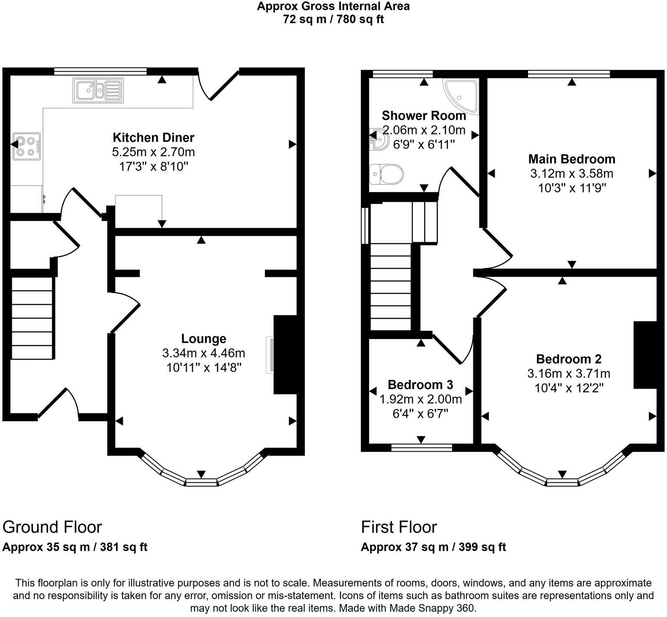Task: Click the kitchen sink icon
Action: pos(98,90)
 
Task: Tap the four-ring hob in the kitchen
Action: pos(26,146)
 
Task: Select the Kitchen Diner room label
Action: pos(153,137)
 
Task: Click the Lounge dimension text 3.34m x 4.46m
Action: pos(204,353)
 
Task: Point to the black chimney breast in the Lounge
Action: pos(285,355)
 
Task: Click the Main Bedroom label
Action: pos(571,159)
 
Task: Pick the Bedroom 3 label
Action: pos(420,385)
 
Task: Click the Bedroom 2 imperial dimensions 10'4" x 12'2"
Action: pos(569,388)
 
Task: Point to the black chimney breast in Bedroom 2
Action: pos(645,355)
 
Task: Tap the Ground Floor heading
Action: pos(52,527)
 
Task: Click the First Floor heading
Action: pos(399,527)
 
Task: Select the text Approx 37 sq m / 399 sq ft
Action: pos(433,547)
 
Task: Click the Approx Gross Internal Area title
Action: pos(333,6)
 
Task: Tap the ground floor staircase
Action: pos(32,318)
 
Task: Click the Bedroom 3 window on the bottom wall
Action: pos(421,447)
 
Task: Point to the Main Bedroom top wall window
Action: pos(569,74)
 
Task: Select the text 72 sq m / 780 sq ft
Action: pos(333,20)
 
